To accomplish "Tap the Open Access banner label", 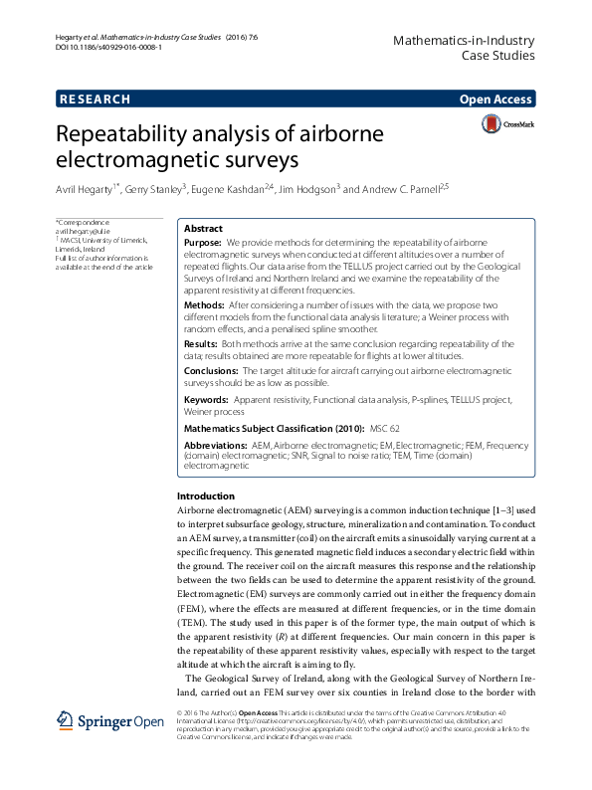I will [x=495, y=99].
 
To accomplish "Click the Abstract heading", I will [x=204, y=228].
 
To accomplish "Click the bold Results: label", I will [x=203, y=341].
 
